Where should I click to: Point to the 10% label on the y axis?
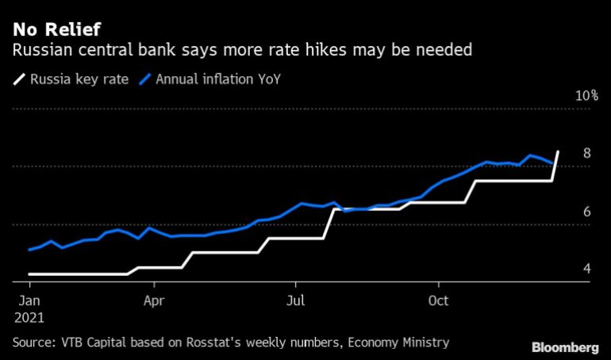[x=586, y=96]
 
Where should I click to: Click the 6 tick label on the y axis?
[x=586, y=212]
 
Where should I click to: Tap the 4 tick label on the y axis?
[x=586, y=270]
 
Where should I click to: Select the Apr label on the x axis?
[x=154, y=301]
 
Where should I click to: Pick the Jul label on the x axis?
[x=296, y=301]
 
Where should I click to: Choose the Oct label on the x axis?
[x=439, y=301]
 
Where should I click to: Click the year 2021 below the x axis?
[x=29, y=317]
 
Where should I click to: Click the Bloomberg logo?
[x=564, y=347]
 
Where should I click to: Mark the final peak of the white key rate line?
[x=558, y=151]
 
